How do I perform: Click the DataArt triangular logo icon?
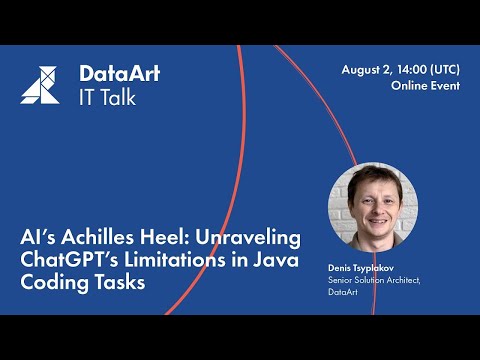(40, 85)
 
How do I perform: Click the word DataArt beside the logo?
(119, 74)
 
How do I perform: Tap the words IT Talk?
(107, 97)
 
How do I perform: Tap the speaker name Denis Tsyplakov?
(362, 270)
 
